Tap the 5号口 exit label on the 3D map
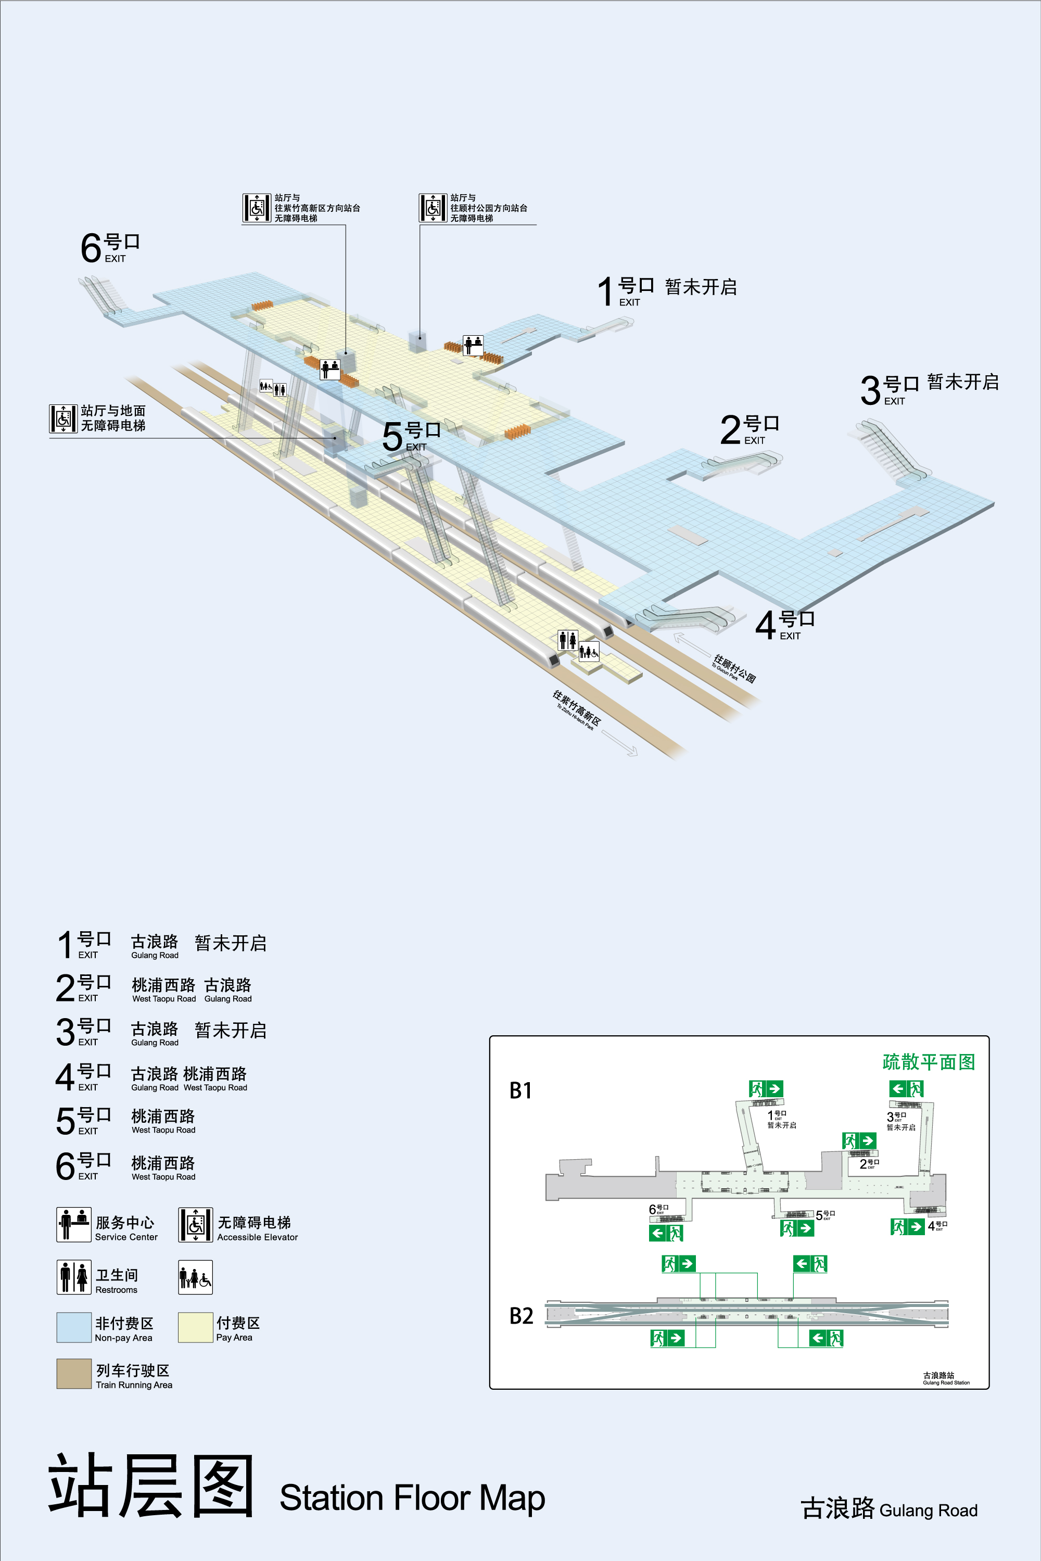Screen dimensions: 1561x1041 (x=411, y=436)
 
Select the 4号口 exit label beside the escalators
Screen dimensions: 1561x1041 (x=785, y=624)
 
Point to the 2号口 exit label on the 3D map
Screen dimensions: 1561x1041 (x=750, y=429)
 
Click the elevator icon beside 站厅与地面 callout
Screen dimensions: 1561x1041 (x=64, y=418)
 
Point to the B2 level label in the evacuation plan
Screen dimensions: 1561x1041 (x=521, y=1316)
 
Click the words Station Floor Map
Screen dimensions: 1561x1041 (x=412, y=1498)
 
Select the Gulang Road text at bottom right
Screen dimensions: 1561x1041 (x=928, y=1511)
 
